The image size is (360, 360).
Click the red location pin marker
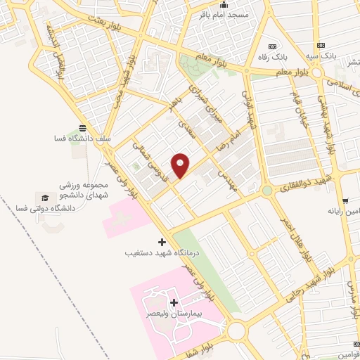[181, 166]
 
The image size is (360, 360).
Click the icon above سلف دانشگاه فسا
[84, 128]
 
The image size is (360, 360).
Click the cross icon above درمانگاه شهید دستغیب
[162, 241]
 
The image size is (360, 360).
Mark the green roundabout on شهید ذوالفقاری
[266, 191]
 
